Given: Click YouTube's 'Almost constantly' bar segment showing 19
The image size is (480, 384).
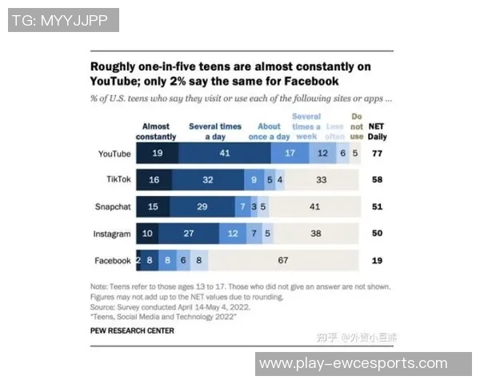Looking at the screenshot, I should [x=158, y=152].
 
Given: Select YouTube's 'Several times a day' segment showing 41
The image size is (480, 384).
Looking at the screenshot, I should [x=225, y=152].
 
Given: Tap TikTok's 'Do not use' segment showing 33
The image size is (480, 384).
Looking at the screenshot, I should [x=322, y=180].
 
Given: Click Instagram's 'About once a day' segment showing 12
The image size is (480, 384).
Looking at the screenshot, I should [x=233, y=234].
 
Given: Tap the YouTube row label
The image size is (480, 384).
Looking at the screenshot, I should [x=113, y=152].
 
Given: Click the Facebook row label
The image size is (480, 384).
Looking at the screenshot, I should [x=112, y=261].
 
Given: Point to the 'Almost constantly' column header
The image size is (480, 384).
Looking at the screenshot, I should [x=156, y=131].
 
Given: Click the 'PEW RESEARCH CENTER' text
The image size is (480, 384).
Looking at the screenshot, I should [x=131, y=330].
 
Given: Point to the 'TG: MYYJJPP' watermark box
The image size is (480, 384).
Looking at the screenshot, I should [x=63, y=20].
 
